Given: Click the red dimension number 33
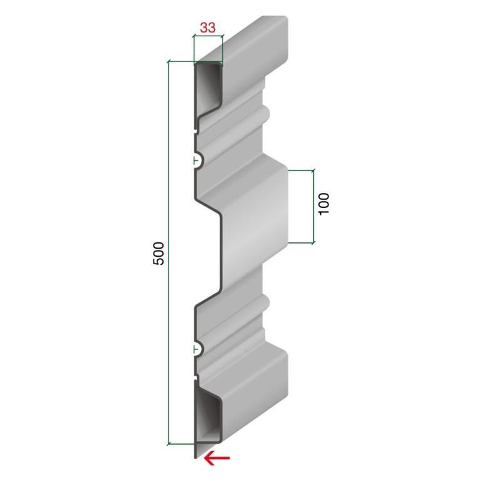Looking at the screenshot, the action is pyautogui.click(x=208, y=28).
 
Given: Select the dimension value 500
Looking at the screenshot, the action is pyautogui.click(x=159, y=254).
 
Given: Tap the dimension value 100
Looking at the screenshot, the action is pyautogui.click(x=323, y=204).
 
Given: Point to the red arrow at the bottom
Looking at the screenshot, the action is pyautogui.click(x=217, y=458).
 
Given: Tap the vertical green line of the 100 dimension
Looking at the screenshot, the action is pyautogui.click(x=313, y=206).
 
